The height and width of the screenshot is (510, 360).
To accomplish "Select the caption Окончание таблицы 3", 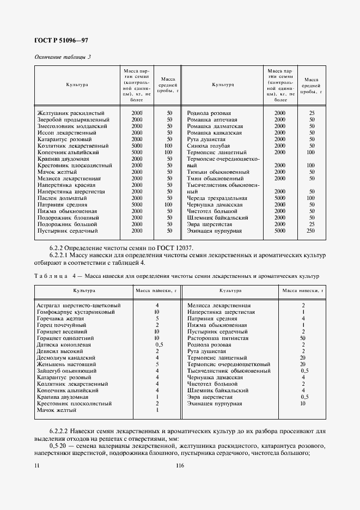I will click(63, 57).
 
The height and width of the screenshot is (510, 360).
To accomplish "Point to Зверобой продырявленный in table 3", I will click(71, 120).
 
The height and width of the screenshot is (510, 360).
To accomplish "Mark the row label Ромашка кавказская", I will click(215, 133).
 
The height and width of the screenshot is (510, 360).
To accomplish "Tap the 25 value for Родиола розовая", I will click(312, 113).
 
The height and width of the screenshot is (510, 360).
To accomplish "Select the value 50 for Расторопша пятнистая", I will click(303, 338).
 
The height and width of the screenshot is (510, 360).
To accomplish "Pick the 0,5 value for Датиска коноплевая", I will click(160, 345).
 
